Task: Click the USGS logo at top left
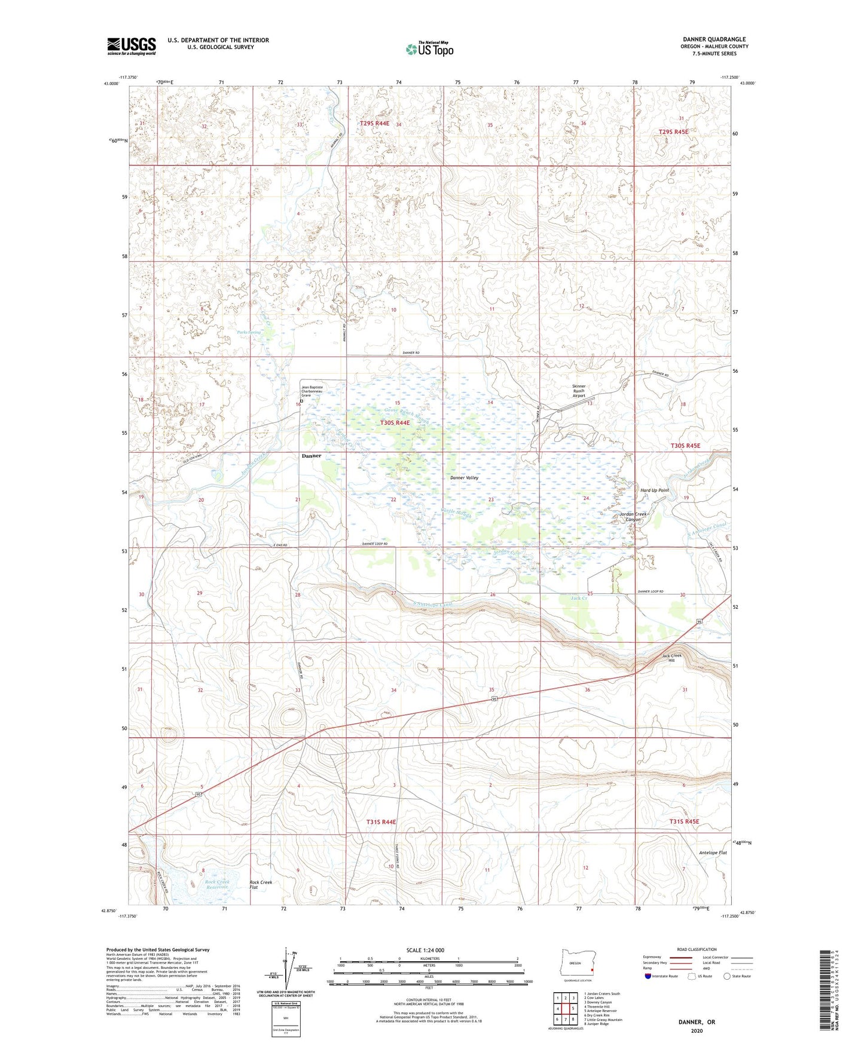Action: (132, 46)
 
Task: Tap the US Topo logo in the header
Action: (429, 49)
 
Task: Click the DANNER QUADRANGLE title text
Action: (714, 39)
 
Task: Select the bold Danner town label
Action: (311, 456)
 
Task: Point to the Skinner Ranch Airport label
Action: (579, 391)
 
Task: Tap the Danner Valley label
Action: (464, 478)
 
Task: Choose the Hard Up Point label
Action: (654, 490)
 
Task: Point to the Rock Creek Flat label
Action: (261, 885)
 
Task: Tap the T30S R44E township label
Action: (395, 422)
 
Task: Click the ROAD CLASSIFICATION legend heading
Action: (697, 949)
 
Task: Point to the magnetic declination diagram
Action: (291, 968)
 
